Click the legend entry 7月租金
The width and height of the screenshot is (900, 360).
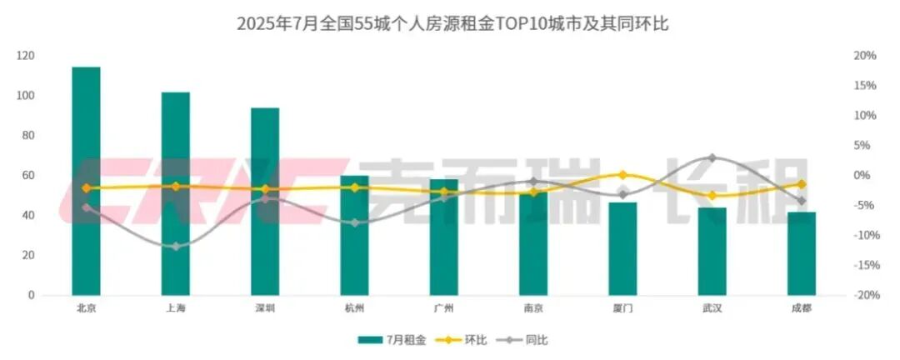coord(392,340)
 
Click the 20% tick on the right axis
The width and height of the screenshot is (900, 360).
coord(866,56)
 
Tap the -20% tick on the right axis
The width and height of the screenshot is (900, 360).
coord(864,296)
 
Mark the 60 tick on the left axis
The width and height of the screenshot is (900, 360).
coord(28,176)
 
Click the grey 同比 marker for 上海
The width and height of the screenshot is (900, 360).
coord(176,247)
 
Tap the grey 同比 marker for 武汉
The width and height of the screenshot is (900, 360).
coord(712,157)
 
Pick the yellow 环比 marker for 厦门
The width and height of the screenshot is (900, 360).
coord(622,175)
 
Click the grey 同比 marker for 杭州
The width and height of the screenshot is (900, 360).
coord(354,222)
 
